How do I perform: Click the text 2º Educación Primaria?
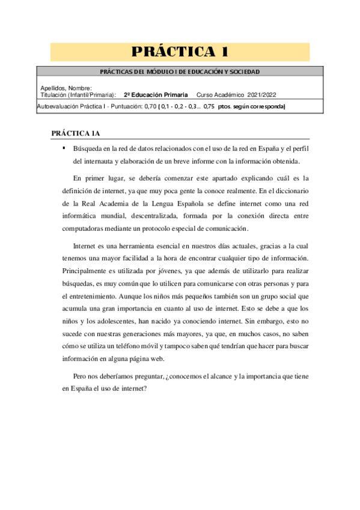tap(156, 95)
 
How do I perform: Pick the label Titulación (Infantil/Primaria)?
tap(78, 95)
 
